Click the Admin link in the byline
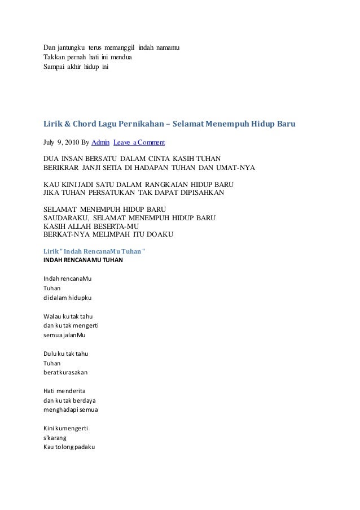tap(100, 141)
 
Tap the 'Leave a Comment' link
tap(139, 141)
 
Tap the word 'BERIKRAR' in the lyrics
tap(63, 168)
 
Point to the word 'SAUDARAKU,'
tap(67, 217)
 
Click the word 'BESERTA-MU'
tap(120, 225)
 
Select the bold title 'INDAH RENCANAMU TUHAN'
tap(83, 261)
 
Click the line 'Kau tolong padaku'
tap(71, 448)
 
